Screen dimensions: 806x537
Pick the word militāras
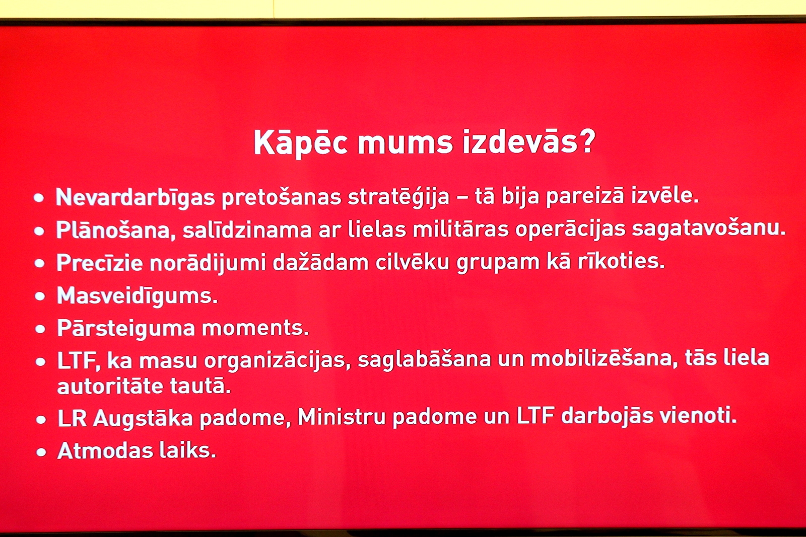(460, 228)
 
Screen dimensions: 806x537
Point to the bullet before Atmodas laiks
(41, 452)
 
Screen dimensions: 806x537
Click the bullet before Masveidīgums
(40, 296)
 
